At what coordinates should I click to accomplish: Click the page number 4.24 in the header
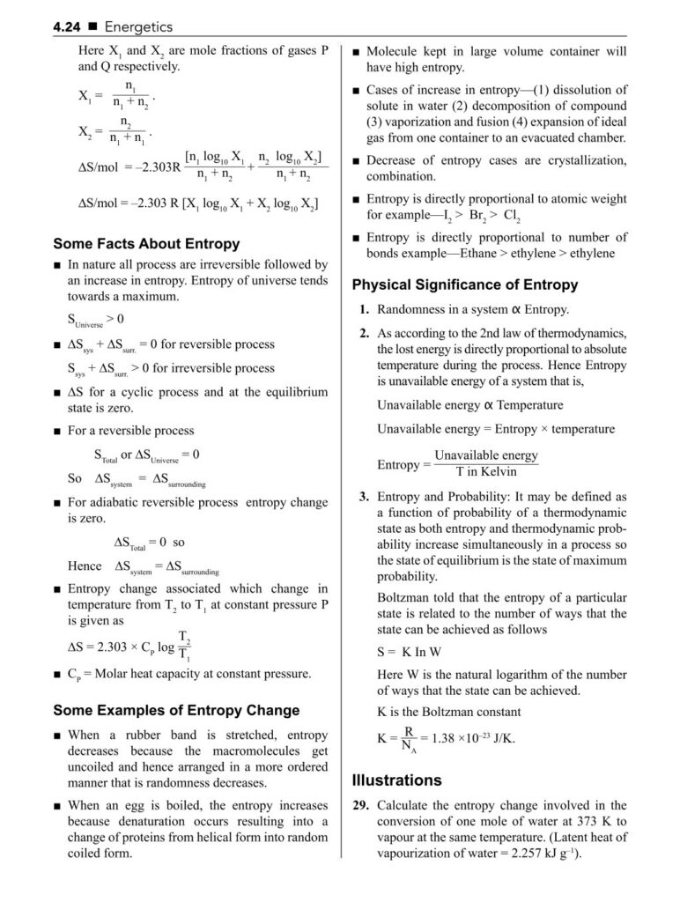[67, 28]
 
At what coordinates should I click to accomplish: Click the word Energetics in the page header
[138, 28]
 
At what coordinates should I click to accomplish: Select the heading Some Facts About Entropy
[146, 244]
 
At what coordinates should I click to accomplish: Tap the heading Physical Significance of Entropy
[465, 285]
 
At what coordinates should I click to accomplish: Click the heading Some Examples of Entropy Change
[176, 710]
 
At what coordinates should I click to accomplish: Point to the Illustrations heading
[396, 780]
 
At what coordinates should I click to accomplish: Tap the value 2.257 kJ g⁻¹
[544, 854]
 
